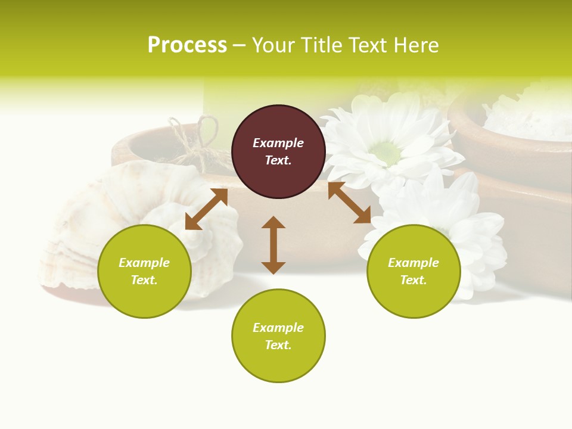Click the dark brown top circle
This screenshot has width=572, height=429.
(x=278, y=152)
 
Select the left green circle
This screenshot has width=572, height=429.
(x=144, y=271)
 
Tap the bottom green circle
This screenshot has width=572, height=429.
(x=278, y=336)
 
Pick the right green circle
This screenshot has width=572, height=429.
(x=413, y=271)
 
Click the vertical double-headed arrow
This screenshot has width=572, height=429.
(x=273, y=245)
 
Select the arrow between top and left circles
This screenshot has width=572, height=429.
(x=206, y=209)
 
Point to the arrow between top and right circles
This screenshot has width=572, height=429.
(x=349, y=203)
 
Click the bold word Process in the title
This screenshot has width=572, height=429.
(x=187, y=45)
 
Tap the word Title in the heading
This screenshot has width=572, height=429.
(x=322, y=45)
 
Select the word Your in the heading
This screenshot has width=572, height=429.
(x=274, y=45)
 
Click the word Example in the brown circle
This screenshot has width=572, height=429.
(x=278, y=143)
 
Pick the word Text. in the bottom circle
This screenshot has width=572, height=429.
(x=278, y=345)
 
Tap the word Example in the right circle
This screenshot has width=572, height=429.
(x=413, y=263)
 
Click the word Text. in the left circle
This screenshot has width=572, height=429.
(x=144, y=280)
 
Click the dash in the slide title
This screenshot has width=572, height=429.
(x=239, y=46)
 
